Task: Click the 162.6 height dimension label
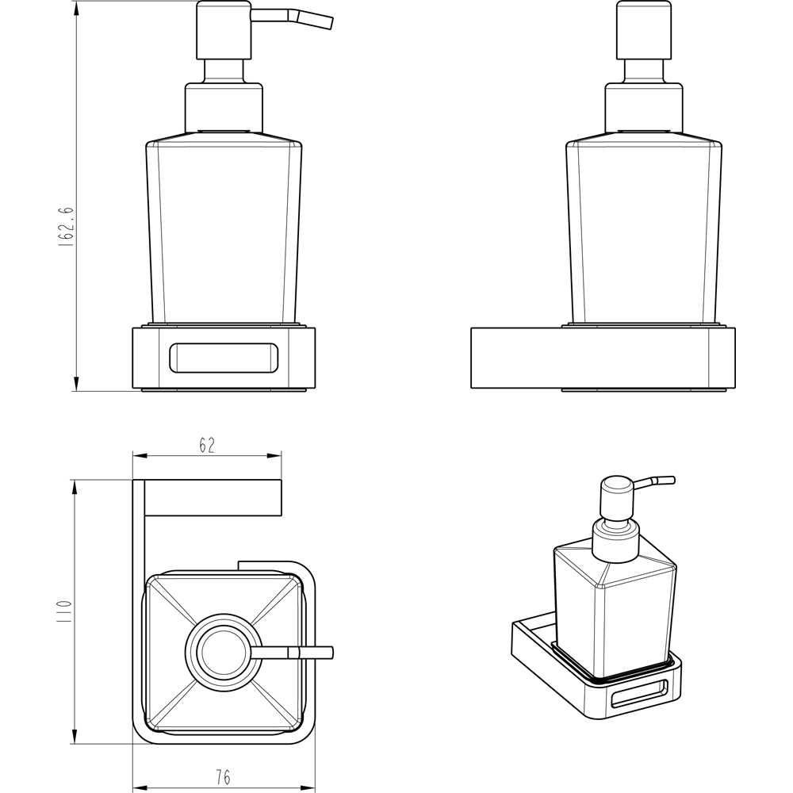(x=67, y=227)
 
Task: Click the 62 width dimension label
(x=207, y=445)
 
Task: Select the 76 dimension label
(x=223, y=776)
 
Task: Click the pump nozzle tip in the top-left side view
(x=329, y=23)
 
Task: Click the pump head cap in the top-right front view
(x=644, y=30)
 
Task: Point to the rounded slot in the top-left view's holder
(x=224, y=358)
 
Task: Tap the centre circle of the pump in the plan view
(x=223, y=650)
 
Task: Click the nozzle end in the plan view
(x=330, y=653)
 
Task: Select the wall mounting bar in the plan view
(x=213, y=498)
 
